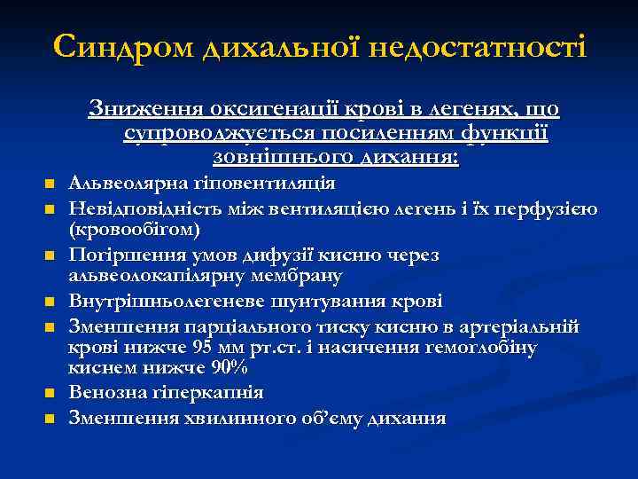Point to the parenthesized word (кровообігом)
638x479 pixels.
[x=134, y=231]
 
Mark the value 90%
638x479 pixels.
[x=229, y=369]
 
